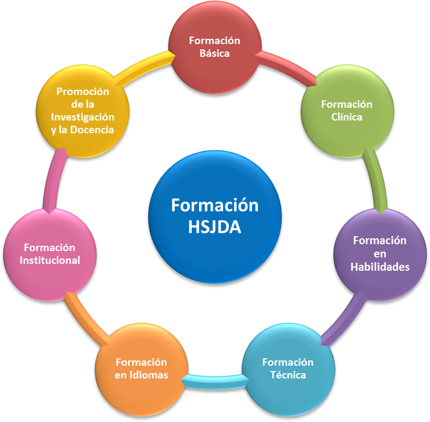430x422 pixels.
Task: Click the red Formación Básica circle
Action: pos(214,48)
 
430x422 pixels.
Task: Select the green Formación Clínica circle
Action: pos(347,111)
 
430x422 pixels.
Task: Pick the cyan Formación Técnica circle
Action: pos(288,369)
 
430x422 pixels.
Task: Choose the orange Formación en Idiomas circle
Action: pos(141,369)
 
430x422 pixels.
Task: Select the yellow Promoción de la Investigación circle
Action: pos(82,111)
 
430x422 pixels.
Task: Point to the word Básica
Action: pos(214,54)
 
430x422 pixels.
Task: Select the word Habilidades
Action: pos(380,267)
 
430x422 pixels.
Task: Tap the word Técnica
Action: pos(288,375)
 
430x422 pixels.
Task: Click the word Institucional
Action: pos(50,261)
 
